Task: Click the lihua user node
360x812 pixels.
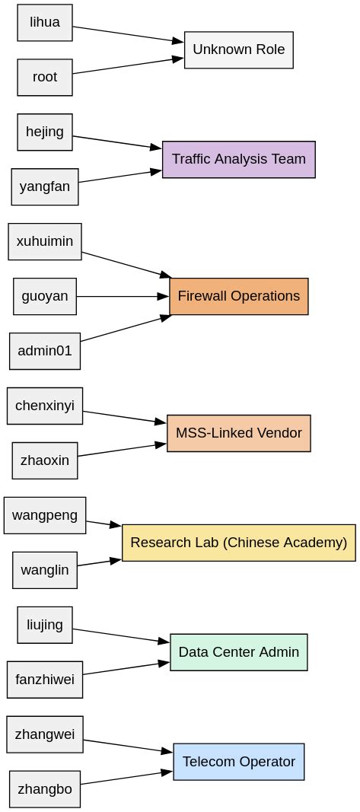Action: pyautogui.click(x=45, y=23)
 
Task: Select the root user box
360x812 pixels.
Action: pyautogui.click(x=45, y=78)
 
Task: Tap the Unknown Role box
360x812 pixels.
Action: pyautogui.click(x=238, y=50)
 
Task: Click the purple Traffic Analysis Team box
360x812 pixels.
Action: pyautogui.click(x=238, y=159)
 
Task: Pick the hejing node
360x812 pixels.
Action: pyautogui.click(x=45, y=132)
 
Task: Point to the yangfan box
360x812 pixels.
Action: pyautogui.click(x=45, y=187)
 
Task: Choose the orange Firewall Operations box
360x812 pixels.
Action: pyautogui.click(x=238, y=296)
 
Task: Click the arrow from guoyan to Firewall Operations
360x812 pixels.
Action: pyautogui.click(x=122, y=296)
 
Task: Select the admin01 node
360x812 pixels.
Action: pyautogui.click(x=45, y=351)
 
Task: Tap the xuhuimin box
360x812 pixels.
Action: pyautogui.click(x=45, y=242)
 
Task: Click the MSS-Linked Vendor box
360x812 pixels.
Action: pyautogui.click(x=238, y=433)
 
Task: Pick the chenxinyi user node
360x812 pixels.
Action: pyautogui.click(x=45, y=406)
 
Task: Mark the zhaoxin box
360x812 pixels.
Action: pyautogui.click(x=45, y=460)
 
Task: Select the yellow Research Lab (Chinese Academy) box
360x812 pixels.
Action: pyautogui.click(x=238, y=543)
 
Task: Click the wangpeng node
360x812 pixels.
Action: pyautogui.click(x=45, y=515)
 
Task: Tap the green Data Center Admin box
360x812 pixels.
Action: pyautogui.click(x=238, y=652)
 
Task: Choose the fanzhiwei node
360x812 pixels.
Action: pyautogui.click(x=45, y=680)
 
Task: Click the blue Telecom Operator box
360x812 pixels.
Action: pyautogui.click(x=238, y=762)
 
